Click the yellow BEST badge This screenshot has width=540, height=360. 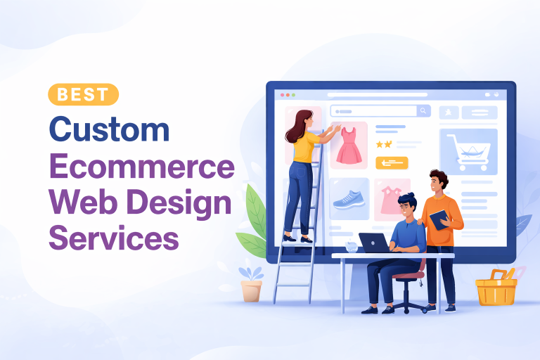tap(84, 94)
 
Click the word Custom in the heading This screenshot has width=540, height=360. tap(110, 131)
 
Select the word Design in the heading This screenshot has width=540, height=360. tap(186, 203)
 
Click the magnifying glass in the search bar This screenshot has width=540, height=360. tap(423, 110)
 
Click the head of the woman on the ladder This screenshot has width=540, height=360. tap(301, 121)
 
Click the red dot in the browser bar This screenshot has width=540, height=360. tap(283, 94)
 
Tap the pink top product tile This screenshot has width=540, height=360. tap(392, 198)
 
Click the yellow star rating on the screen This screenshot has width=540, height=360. tap(383, 144)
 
